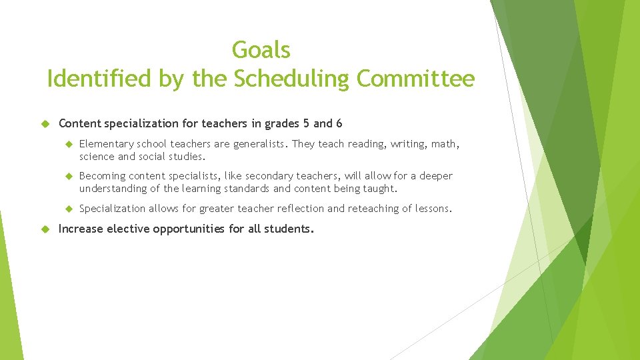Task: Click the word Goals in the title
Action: [261, 50]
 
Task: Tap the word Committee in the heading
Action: [416, 79]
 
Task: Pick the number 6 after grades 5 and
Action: [339, 123]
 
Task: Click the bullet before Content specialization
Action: [45, 123]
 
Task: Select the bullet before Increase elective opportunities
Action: [45, 229]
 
